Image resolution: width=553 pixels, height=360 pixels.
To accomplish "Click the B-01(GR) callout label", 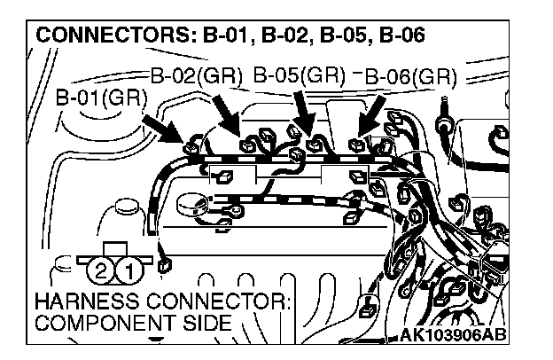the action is coord(101,97).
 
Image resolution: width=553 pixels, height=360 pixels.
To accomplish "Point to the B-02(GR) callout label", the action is coord(195,75).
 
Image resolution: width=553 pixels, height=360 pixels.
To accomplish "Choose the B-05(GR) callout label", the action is coord(299,74).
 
